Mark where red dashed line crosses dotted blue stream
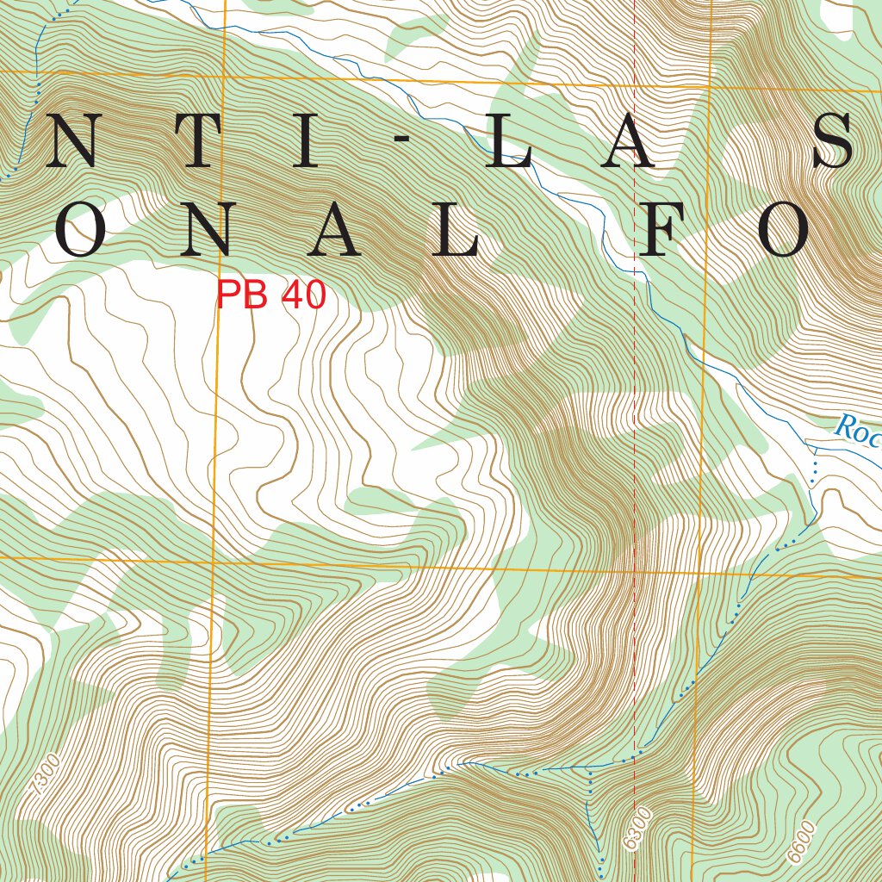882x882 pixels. tap(635, 757)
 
